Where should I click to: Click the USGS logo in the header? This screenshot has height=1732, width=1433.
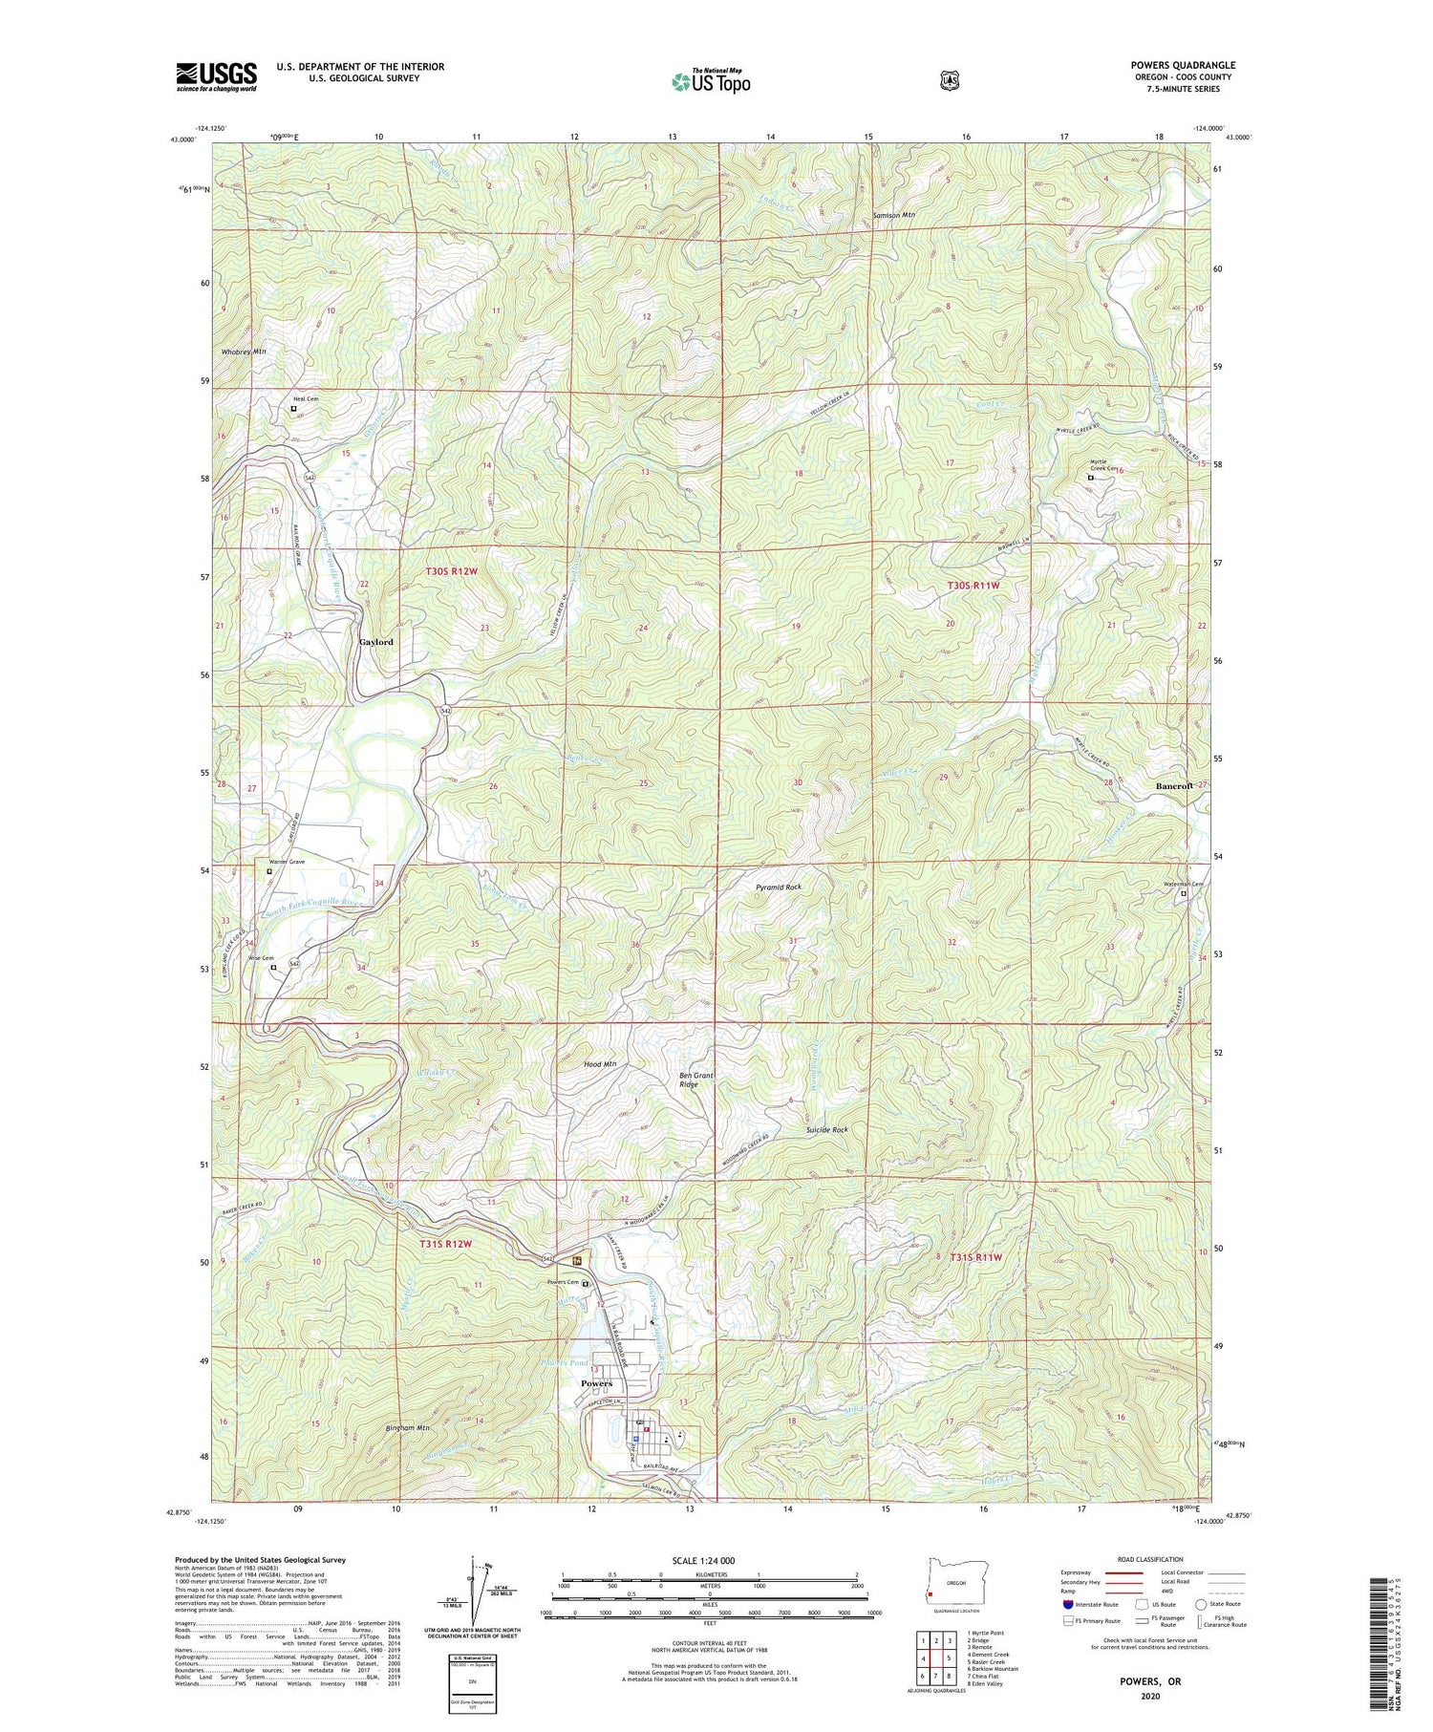point(216,76)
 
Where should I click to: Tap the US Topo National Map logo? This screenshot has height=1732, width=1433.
point(711,81)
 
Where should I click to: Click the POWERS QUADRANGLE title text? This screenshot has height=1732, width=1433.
point(1183,65)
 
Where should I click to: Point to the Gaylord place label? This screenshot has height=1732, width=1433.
point(375,642)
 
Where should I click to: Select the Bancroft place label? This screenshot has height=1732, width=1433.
point(1174,786)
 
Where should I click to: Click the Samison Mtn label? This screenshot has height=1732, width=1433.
point(894,215)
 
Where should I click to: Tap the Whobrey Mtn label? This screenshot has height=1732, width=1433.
point(244,352)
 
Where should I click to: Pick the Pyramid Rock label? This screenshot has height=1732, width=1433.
point(778,887)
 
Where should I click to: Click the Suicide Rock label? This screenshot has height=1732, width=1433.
point(826,1129)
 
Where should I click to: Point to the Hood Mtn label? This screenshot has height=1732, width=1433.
point(600,1064)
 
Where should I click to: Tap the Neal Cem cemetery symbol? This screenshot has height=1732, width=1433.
point(293,409)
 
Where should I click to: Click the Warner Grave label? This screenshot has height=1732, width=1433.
point(287,862)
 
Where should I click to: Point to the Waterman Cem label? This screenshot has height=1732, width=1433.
point(1183,884)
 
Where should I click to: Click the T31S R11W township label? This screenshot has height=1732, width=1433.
point(975,1257)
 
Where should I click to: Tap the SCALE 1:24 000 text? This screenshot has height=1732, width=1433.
point(703,1560)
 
